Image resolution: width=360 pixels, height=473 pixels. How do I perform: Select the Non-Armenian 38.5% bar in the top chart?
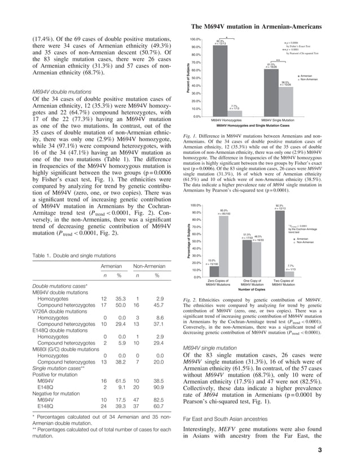(286, 101)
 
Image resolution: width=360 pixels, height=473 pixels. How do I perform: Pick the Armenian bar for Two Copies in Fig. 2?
(279, 244)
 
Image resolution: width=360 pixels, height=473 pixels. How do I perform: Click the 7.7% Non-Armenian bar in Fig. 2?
(291, 274)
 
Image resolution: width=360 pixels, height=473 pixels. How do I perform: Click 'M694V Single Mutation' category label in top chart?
(278, 120)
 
